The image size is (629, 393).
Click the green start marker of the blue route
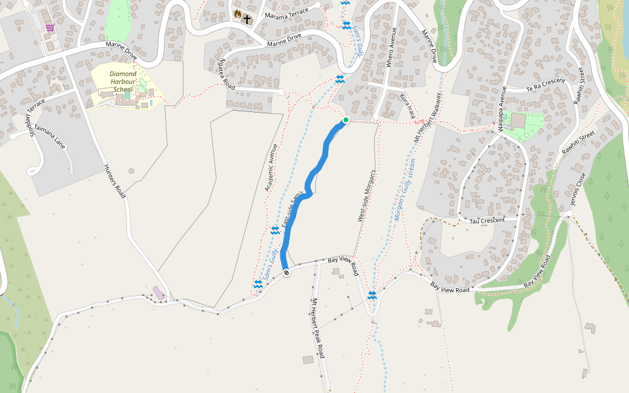[346, 120]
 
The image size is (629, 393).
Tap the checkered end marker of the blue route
[286, 272]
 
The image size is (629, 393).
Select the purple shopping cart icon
[50, 28]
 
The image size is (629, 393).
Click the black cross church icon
[248, 18]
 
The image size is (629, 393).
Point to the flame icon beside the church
[237, 14]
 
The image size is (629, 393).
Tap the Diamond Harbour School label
[123, 81]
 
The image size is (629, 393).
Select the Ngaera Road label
[227, 73]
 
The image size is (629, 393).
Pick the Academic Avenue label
[272, 168]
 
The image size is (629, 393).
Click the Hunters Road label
[115, 181]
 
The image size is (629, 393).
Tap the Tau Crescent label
[488, 221]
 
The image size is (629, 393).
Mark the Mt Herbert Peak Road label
[318, 327]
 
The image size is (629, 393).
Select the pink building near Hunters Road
[159, 293]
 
